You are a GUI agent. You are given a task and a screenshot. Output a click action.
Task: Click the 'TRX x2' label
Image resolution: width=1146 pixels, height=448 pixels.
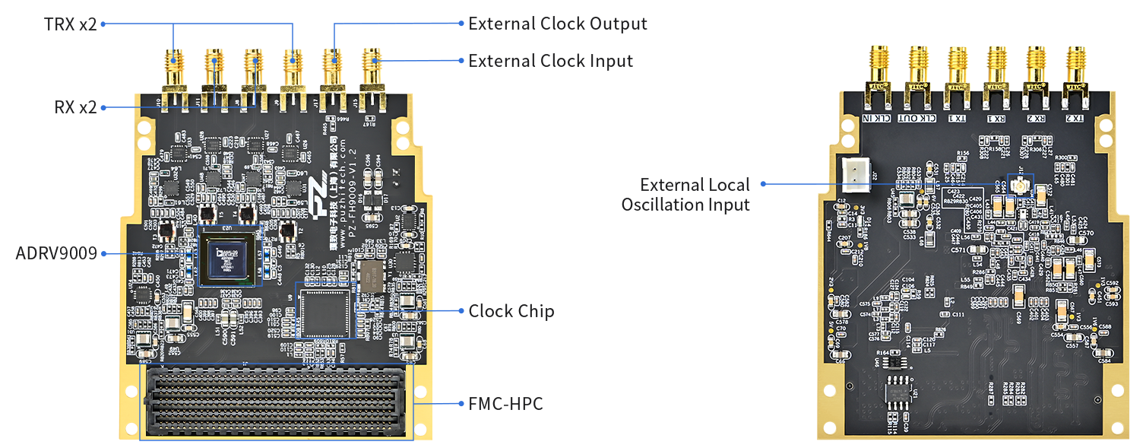tap(70, 24)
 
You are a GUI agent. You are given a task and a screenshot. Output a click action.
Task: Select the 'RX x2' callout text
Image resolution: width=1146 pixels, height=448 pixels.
tap(75, 107)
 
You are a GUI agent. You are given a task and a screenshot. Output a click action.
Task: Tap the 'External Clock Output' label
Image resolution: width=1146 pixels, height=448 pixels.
tap(558, 24)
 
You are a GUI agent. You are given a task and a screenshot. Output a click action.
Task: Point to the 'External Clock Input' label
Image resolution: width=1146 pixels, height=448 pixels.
tap(550, 61)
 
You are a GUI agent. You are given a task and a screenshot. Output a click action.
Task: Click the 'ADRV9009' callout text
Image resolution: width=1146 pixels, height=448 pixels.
tap(56, 253)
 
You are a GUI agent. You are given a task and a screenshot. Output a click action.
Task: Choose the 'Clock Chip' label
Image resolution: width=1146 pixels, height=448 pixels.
tap(511, 311)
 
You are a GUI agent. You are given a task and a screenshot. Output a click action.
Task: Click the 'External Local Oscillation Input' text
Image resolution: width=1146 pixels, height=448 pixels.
tap(685, 195)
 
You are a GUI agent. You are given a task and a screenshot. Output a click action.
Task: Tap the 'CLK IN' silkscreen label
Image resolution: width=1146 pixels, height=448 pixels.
tap(878, 118)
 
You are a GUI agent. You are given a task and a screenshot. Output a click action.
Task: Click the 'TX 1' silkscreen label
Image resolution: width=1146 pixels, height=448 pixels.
tap(958, 118)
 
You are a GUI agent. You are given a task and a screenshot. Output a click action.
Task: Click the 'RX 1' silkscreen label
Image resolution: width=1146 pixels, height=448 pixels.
tap(996, 118)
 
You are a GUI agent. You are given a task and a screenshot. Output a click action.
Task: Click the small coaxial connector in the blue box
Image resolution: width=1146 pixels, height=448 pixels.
tap(1020, 186)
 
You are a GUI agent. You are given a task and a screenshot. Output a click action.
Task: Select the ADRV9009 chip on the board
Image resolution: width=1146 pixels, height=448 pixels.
tap(230, 256)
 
